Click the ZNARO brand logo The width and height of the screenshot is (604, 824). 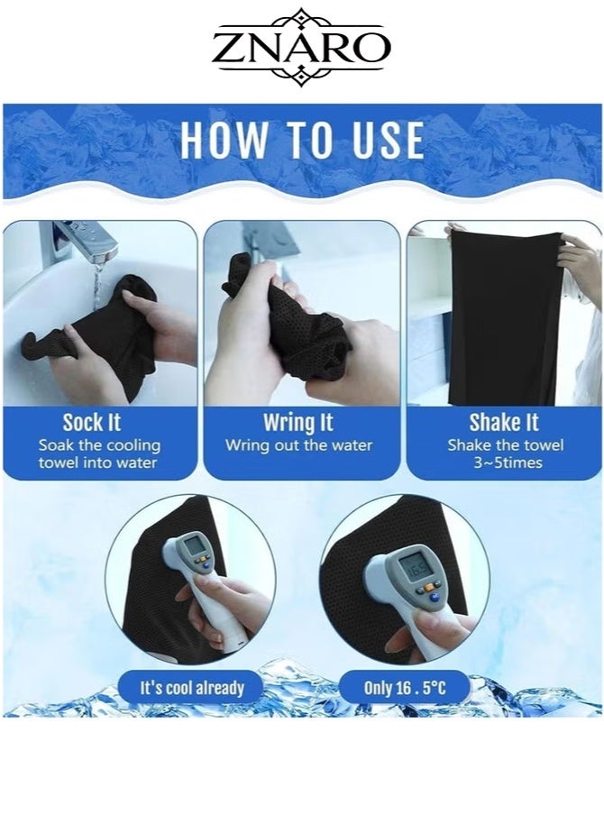click(x=301, y=47)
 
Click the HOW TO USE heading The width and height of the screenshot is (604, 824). click(x=302, y=140)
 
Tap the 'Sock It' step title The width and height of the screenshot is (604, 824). click(x=91, y=423)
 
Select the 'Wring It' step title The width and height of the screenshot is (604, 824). click(x=298, y=423)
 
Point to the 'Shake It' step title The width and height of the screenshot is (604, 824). click(x=504, y=423)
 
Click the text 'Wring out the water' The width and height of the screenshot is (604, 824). click(x=298, y=445)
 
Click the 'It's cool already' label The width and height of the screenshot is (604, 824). click(x=192, y=688)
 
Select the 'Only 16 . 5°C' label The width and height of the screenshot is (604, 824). click(x=405, y=688)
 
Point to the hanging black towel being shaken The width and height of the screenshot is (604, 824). click(x=504, y=316)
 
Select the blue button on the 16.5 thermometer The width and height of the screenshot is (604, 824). click(x=435, y=596)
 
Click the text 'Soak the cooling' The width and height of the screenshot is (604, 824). click(x=99, y=445)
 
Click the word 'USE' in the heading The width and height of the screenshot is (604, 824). click(x=388, y=140)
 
